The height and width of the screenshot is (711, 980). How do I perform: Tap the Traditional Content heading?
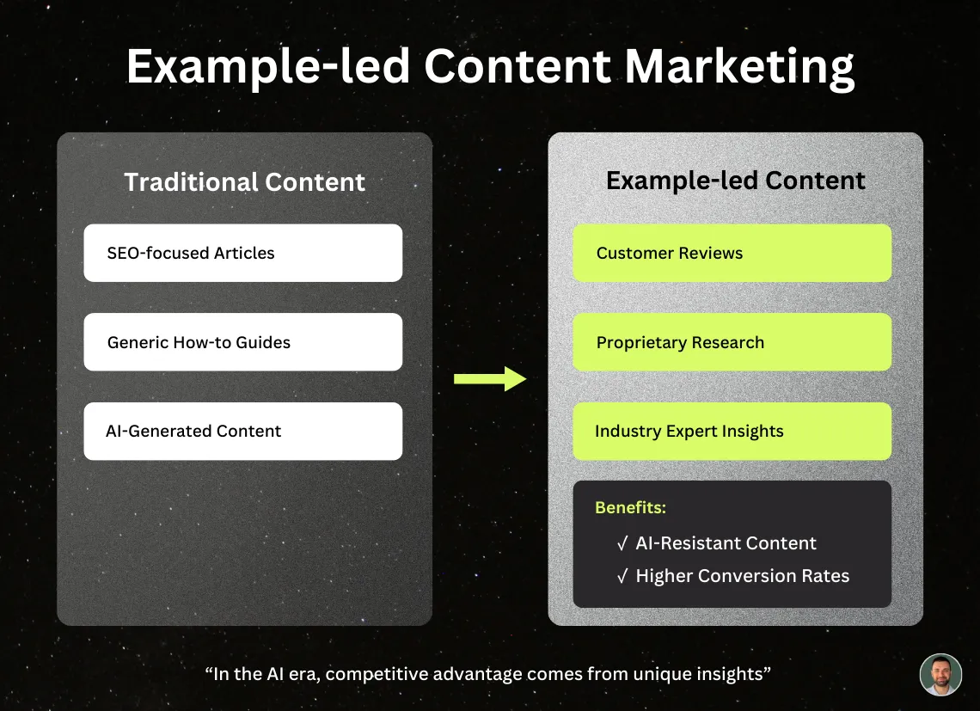(x=244, y=182)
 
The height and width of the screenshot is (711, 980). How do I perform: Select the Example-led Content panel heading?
(x=735, y=181)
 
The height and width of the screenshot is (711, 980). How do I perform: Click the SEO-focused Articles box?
(x=242, y=253)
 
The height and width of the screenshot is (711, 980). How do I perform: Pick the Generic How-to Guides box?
(x=242, y=342)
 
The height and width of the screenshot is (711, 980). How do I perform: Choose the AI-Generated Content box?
(x=242, y=431)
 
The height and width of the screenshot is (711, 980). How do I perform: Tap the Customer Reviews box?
(x=732, y=253)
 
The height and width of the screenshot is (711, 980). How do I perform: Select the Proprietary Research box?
(x=732, y=342)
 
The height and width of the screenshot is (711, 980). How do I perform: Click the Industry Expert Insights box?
(x=732, y=431)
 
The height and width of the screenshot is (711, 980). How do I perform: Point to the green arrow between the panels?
(x=489, y=378)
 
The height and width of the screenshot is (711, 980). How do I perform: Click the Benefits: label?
(x=630, y=507)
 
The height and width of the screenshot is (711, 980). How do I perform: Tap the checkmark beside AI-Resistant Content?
(x=622, y=543)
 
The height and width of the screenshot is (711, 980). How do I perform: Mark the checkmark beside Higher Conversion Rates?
(x=622, y=576)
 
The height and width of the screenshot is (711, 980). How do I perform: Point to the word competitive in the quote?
(x=374, y=674)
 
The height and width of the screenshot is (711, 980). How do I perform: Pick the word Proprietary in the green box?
(x=640, y=342)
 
